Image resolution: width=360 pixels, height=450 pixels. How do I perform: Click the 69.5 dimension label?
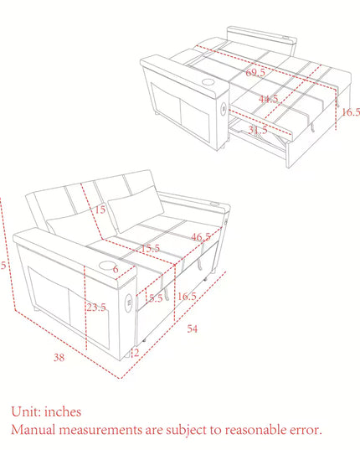pos(256,73)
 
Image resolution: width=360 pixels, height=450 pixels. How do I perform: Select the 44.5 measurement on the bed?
pos(268,100)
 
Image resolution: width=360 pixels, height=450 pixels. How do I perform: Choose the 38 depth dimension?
pos(59,358)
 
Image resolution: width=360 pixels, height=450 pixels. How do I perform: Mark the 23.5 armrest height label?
pos(96,308)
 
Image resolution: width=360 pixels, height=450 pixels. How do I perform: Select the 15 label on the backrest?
pos(100,209)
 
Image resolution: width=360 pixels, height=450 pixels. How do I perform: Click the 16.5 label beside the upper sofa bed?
pos(350,112)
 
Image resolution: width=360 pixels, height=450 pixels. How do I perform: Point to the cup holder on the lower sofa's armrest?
pos(111,268)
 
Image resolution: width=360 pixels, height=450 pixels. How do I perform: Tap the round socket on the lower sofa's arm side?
pos(130,303)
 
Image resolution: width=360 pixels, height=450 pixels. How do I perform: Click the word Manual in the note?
pos(35,430)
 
